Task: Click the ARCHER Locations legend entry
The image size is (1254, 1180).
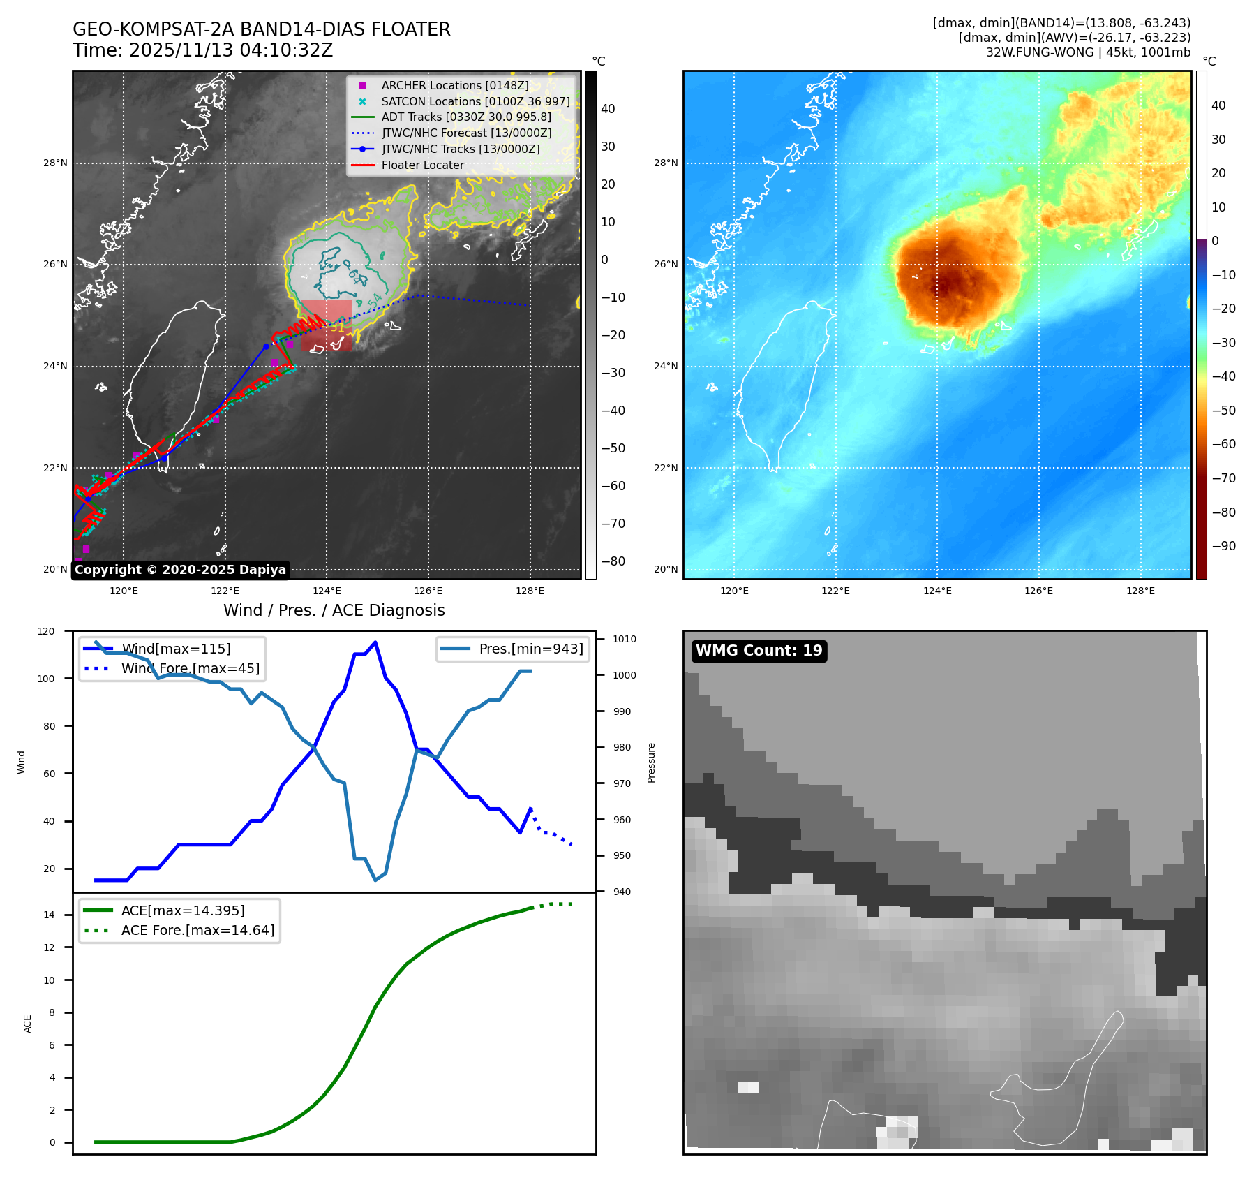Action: tap(454, 85)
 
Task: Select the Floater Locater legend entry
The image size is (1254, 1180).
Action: tap(422, 165)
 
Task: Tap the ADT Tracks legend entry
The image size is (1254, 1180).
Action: tap(465, 117)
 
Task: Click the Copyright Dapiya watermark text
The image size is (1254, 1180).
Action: tap(180, 570)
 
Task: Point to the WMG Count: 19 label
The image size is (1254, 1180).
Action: tap(759, 651)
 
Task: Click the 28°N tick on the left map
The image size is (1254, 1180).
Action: tap(56, 163)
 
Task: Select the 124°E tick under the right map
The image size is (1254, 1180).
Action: tap(937, 591)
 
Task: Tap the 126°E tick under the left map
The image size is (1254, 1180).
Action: tap(428, 591)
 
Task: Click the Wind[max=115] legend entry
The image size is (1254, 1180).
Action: tap(176, 649)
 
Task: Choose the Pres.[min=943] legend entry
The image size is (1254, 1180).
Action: tap(531, 649)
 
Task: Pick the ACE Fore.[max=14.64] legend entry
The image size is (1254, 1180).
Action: tap(197, 930)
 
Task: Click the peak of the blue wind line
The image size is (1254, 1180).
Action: tap(375, 642)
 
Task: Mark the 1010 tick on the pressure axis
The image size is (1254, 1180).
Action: tap(625, 639)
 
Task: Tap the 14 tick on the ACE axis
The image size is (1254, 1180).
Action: tap(49, 915)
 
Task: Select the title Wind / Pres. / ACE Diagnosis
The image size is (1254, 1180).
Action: tap(334, 610)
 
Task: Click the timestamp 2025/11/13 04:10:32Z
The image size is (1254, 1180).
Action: tap(231, 50)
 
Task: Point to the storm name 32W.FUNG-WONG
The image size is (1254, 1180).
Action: tap(1040, 52)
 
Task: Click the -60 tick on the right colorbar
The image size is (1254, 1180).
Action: tap(1223, 444)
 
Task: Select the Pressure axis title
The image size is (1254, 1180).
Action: tap(651, 762)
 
